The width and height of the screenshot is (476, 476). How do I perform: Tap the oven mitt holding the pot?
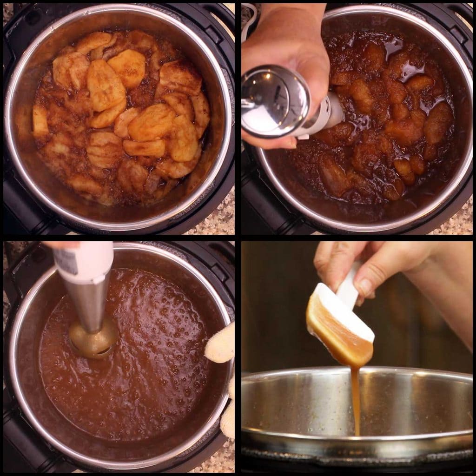tap(220, 344)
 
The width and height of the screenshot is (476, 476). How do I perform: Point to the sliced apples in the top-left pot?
tap(121, 116)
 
